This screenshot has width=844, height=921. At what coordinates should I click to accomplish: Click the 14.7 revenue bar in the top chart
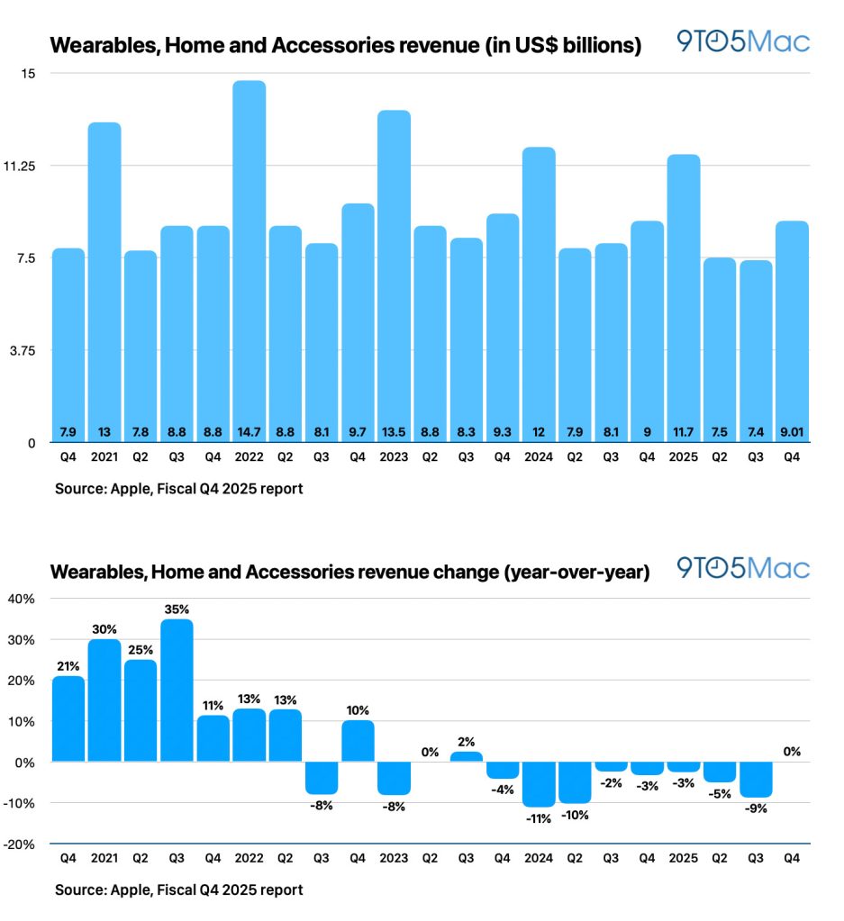pos(249,261)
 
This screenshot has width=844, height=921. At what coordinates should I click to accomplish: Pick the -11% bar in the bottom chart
pos(539,783)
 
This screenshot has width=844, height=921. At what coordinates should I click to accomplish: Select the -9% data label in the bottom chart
pos(756,807)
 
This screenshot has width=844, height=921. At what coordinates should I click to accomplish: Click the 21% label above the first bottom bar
pos(68,665)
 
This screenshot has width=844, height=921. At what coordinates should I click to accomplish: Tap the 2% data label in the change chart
pos(467,741)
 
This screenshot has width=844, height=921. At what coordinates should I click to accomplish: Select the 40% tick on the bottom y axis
pos(22,599)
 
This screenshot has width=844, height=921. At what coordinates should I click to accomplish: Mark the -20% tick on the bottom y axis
pos(22,844)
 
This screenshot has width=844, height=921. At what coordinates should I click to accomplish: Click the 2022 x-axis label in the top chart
pos(249,456)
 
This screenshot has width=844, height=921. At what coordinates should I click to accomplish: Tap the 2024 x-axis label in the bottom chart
pos(539,858)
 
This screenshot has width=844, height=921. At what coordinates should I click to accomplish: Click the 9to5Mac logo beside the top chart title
pos(743,42)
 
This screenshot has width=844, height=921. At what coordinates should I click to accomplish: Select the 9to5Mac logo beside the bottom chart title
pos(743,568)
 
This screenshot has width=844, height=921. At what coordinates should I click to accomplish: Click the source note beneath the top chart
pos(178,491)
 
